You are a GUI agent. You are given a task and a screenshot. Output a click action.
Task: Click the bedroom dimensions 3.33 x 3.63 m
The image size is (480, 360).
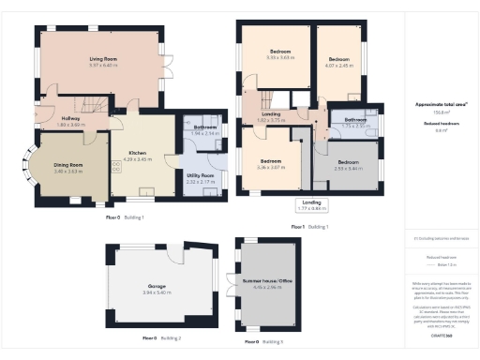pyautogui.click(x=280, y=58)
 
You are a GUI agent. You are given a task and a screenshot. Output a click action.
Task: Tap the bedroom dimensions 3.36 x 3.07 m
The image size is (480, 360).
pyautogui.click(x=271, y=166)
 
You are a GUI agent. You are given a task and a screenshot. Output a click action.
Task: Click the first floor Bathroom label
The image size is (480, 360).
pyautogui.click(x=354, y=120)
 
